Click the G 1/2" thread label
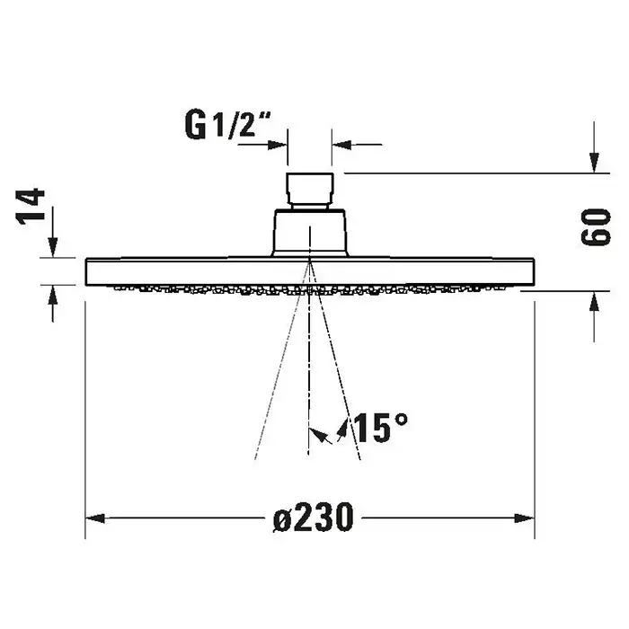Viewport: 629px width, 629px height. (227, 125)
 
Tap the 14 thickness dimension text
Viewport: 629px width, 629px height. (30, 207)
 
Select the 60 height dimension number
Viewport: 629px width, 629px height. (596, 226)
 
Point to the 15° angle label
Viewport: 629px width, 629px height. (381, 428)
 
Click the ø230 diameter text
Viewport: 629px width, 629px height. (314, 518)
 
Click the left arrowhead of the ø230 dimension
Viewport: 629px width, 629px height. (95, 518)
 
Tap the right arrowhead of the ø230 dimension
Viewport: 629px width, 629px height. (524, 518)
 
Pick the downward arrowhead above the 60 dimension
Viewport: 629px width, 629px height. (594, 163)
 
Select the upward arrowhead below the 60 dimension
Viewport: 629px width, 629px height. (594, 301)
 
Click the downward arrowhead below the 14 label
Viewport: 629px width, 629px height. (52, 247)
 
